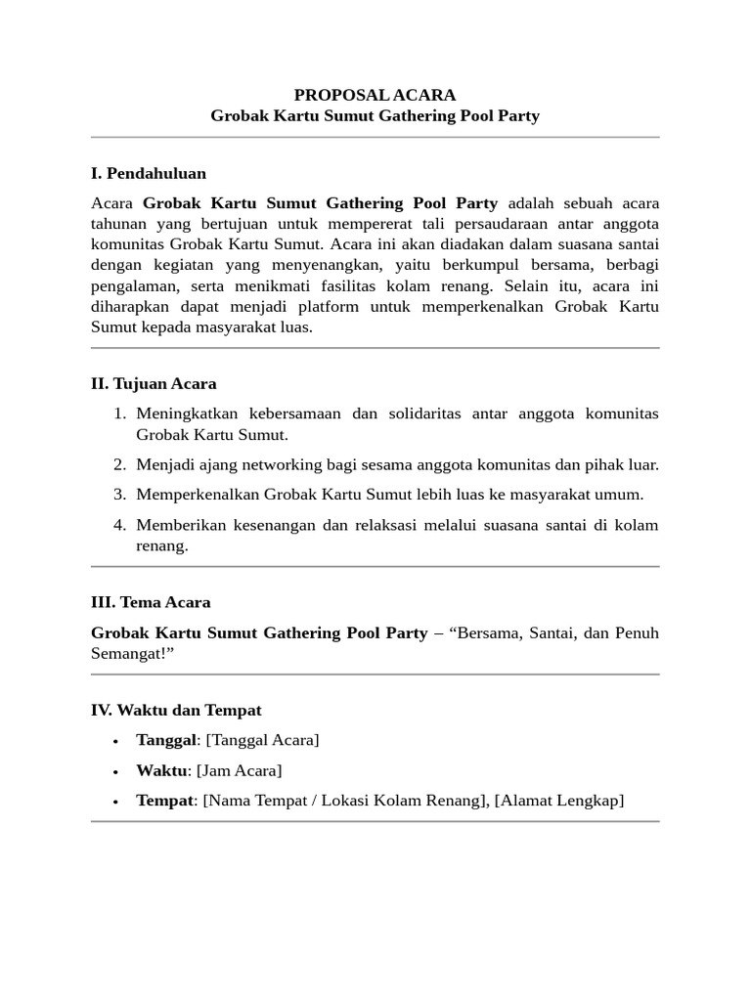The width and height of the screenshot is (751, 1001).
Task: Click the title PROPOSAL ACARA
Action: coord(375,95)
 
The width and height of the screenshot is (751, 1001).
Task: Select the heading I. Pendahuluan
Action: coord(149,173)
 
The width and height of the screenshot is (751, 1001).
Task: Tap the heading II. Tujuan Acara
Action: coord(154,383)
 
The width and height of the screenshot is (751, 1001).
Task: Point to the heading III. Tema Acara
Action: coord(151,602)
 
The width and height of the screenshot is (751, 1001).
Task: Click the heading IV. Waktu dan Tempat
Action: coord(176,710)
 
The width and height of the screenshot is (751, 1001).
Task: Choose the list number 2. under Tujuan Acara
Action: coord(119,464)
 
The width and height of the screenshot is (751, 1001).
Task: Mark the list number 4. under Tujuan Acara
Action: coord(119,525)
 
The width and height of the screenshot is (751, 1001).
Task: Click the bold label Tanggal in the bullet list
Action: coord(165,740)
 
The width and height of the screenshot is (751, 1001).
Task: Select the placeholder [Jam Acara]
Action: coord(239,770)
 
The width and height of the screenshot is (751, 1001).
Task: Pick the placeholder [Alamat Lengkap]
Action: coord(558,801)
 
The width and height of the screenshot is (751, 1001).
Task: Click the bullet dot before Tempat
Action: coord(115,802)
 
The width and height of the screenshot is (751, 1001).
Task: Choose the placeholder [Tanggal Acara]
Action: coord(261,740)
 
